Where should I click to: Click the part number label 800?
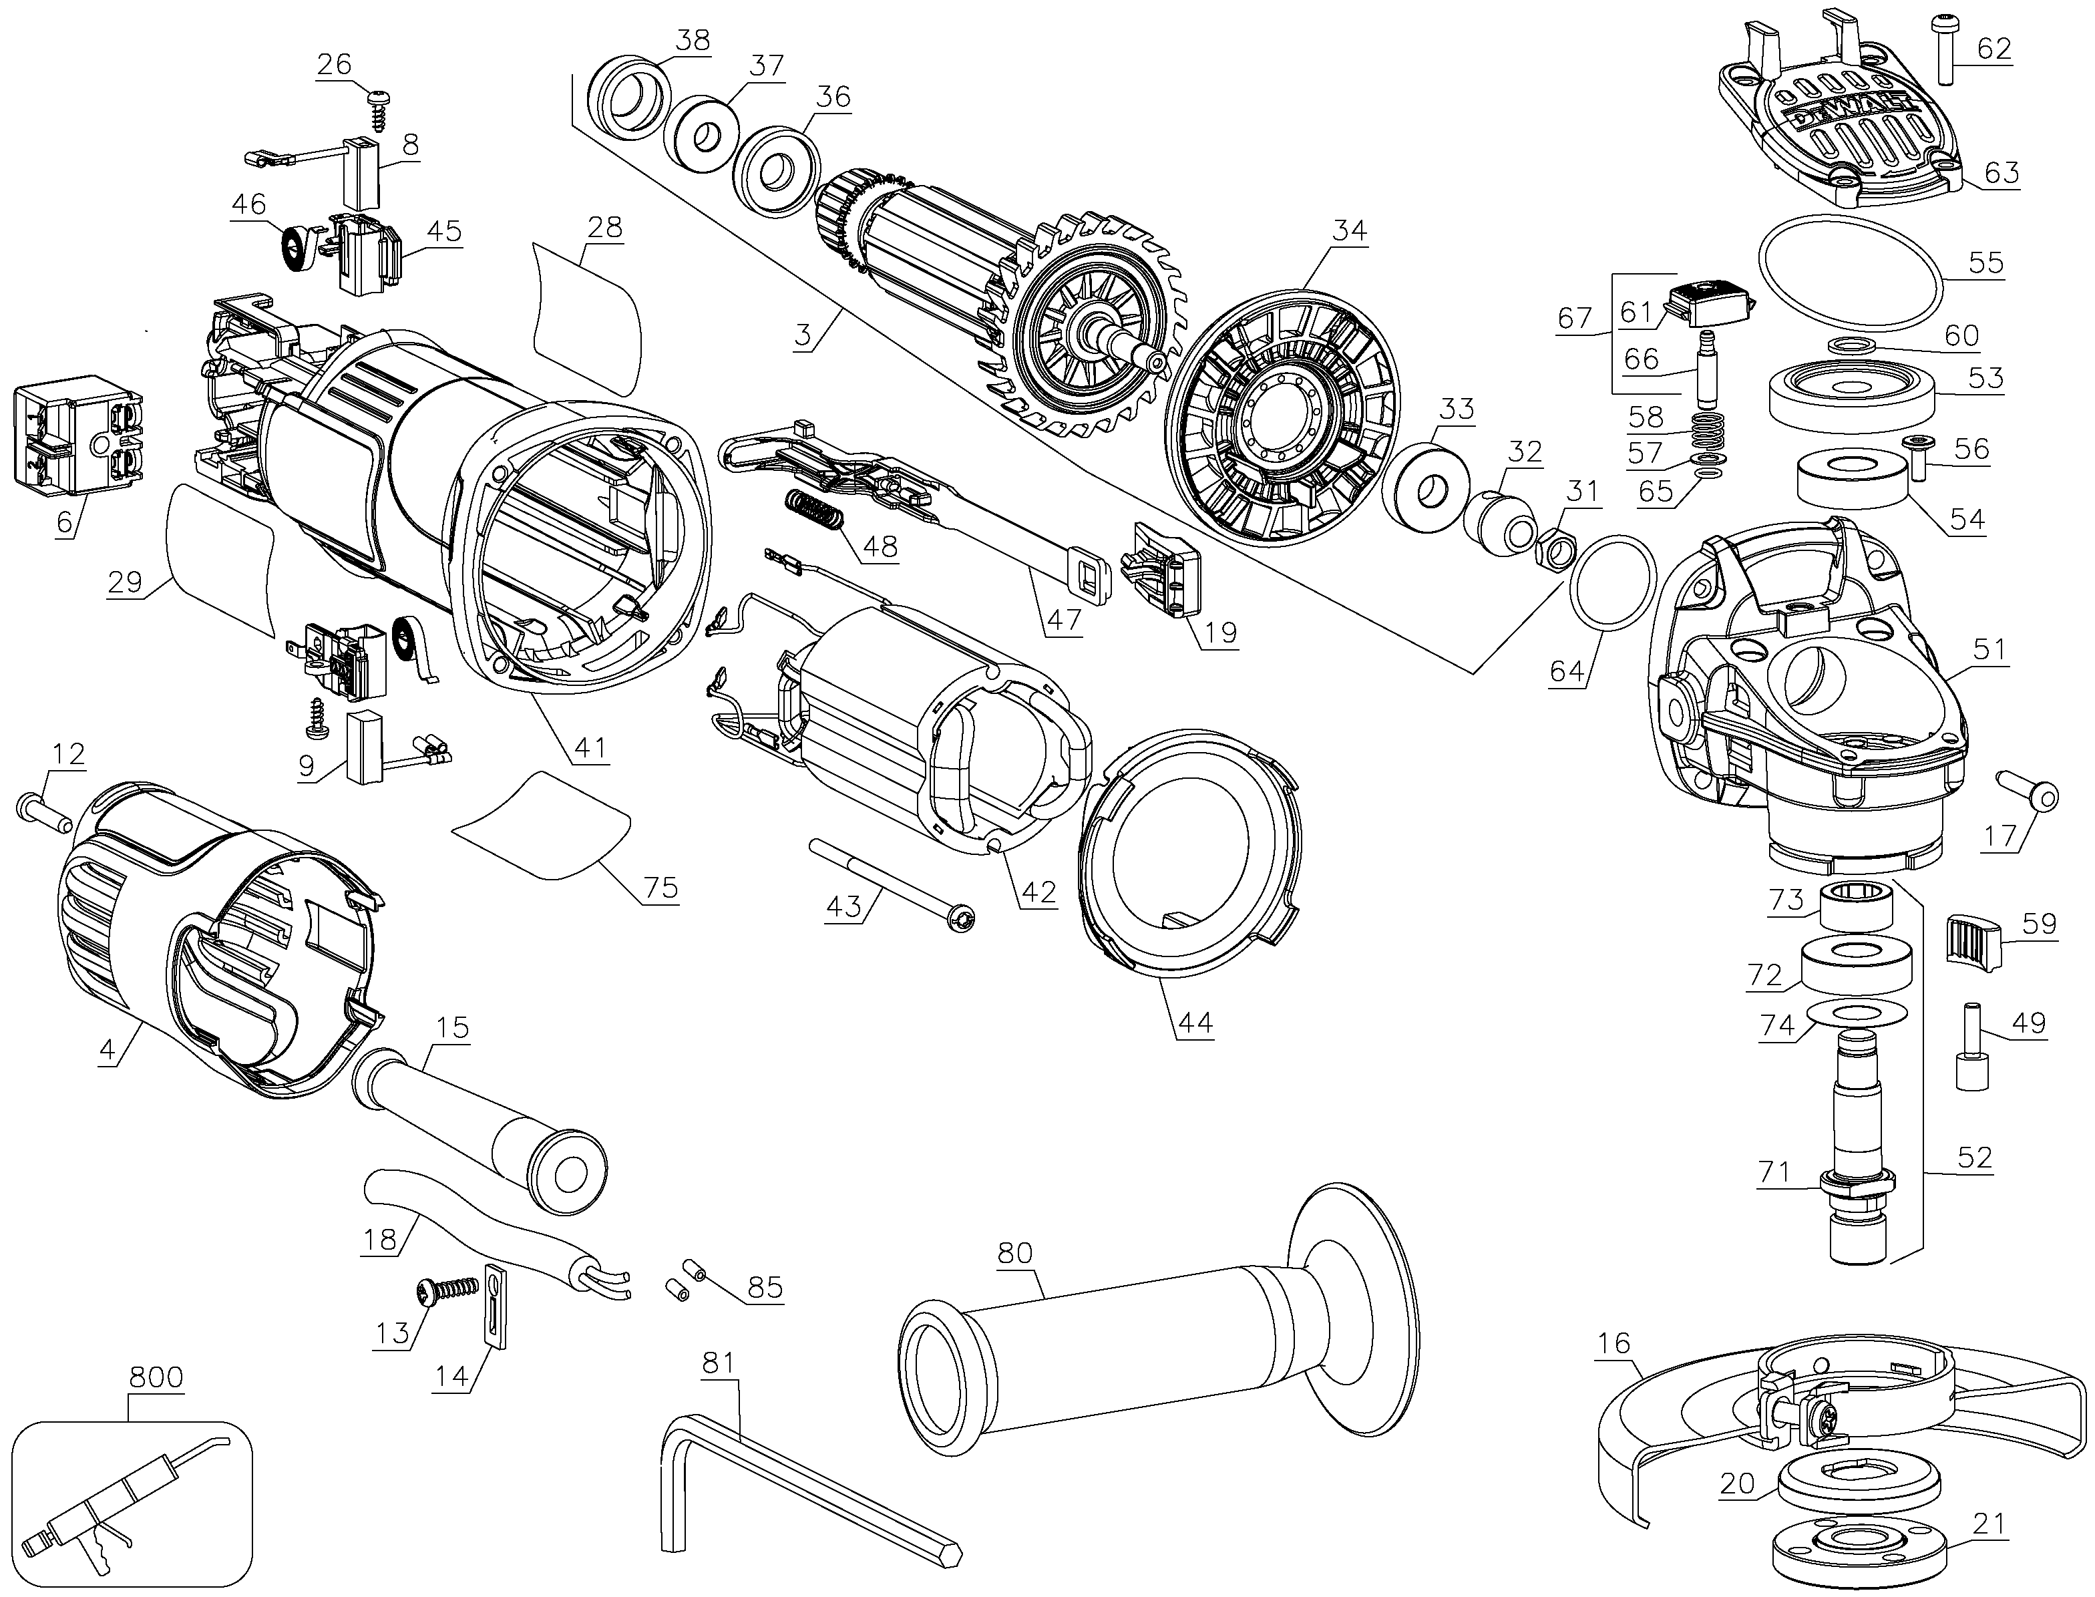point(156,1377)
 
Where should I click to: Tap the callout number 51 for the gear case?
point(1989,649)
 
